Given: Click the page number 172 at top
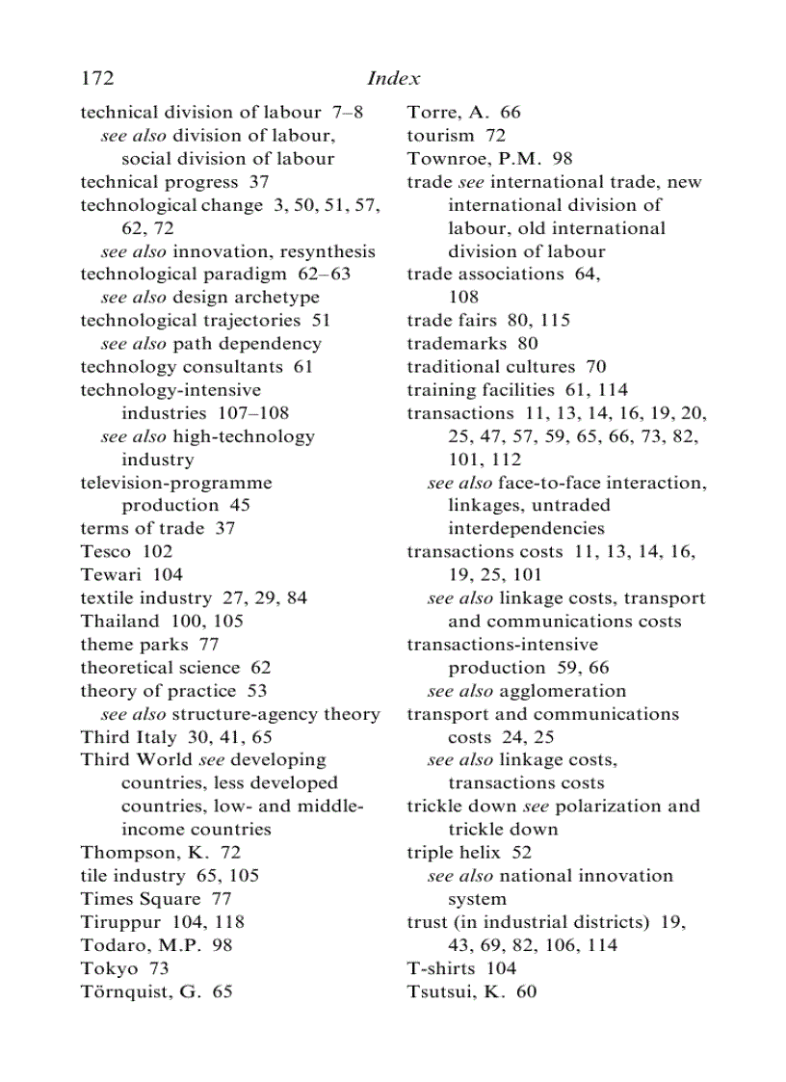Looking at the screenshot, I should point(98,78).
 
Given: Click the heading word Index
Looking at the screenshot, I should point(394,78).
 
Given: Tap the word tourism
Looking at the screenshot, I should point(440,135).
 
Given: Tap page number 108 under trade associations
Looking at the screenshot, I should point(463,297).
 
